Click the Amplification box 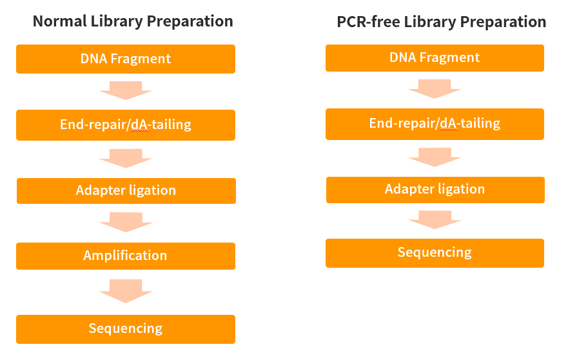click(x=126, y=256)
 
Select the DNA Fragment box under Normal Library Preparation click(x=126, y=59)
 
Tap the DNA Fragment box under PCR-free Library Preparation click(x=435, y=58)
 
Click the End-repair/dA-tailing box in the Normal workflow click(x=126, y=125)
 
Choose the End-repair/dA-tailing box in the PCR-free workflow click(x=435, y=124)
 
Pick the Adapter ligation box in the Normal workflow click(x=126, y=191)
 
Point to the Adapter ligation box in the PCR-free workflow click(x=435, y=190)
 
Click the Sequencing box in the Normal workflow click(x=126, y=329)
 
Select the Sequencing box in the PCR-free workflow click(x=435, y=253)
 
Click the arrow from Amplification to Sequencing click(x=126, y=291)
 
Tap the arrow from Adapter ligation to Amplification click(x=126, y=222)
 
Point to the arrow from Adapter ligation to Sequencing click(x=435, y=220)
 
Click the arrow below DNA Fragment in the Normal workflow click(x=126, y=90)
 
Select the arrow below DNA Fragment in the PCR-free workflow click(x=435, y=89)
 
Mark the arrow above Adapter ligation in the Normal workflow click(x=126, y=159)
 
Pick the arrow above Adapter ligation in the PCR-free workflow click(x=435, y=157)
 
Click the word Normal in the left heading click(x=60, y=21)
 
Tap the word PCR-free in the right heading click(x=368, y=22)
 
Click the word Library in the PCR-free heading click(x=430, y=23)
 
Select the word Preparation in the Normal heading click(x=190, y=22)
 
